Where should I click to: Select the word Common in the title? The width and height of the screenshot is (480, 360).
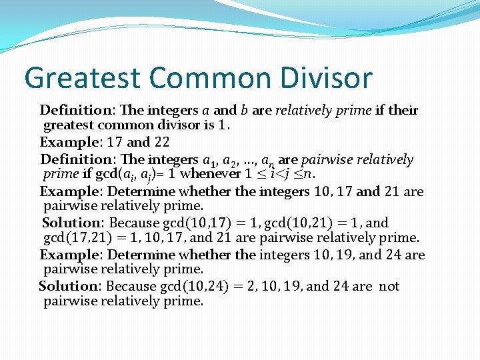coord(203,77)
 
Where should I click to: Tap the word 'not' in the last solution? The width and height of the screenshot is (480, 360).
coord(389,286)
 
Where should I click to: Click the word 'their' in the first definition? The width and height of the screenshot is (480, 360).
coord(403,110)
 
